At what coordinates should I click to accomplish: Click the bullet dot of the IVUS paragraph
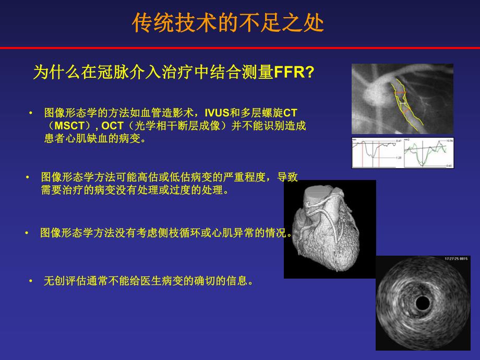(30, 113)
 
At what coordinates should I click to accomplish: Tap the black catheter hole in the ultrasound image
(422, 303)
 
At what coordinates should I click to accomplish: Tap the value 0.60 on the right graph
(449, 165)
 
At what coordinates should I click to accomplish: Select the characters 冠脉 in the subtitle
(105, 73)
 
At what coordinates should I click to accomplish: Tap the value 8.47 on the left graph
(398, 141)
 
